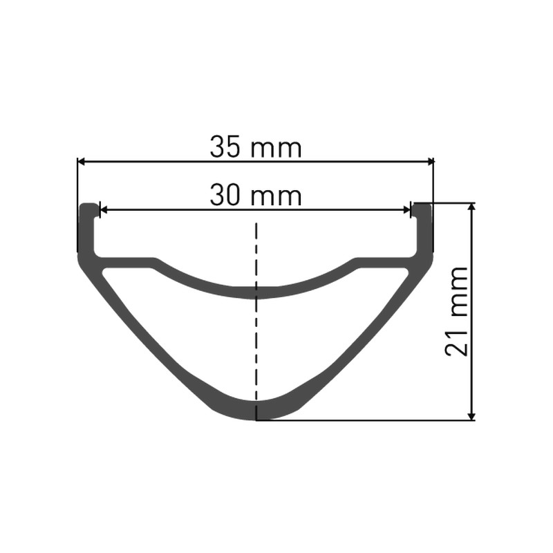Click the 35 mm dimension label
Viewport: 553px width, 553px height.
(x=256, y=147)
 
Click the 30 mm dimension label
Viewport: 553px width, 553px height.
(x=256, y=196)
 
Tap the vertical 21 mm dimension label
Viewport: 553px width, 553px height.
(x=457, y=311)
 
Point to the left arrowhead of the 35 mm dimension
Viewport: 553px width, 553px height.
(x=82, y=162)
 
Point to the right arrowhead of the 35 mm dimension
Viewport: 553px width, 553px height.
(x=430, y=162)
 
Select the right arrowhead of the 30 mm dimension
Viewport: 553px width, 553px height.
(x=406, y=211)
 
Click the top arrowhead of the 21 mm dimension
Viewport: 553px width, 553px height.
(x=471, y=207)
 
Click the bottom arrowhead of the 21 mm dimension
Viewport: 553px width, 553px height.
(x=471, y=416)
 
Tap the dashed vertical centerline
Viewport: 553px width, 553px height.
(x=256, y=321)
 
